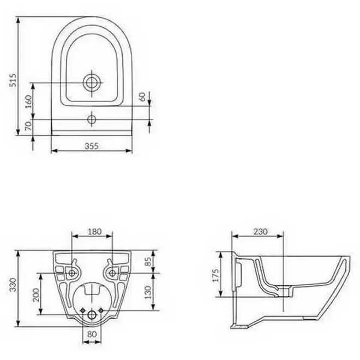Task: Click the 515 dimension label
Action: point(13,80)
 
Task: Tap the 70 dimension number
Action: point(28,126)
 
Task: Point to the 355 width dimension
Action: point(92,146)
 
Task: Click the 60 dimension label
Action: point(142,97)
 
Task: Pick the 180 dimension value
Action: point(94,231)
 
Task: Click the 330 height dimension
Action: point(13,285)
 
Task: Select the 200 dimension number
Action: point(36,295)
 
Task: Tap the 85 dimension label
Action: point(149,261)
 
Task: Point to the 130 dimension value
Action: point(148,292)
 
